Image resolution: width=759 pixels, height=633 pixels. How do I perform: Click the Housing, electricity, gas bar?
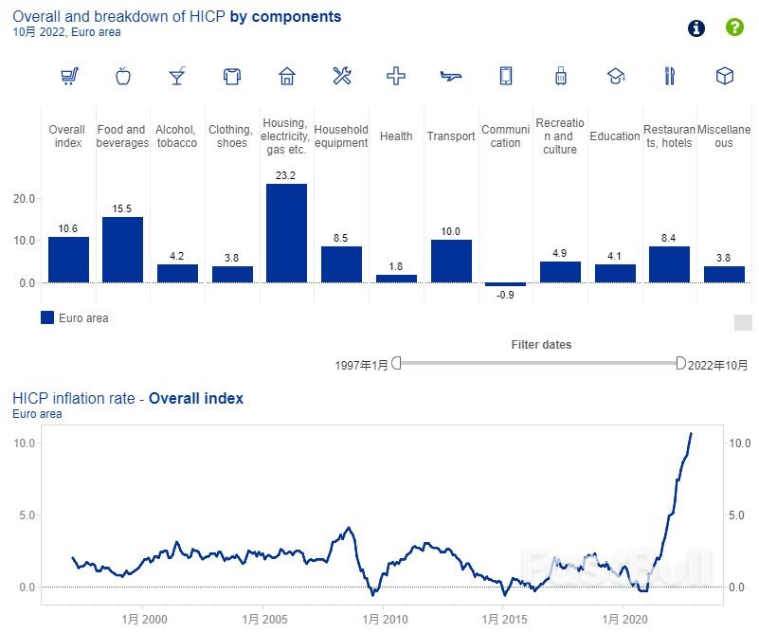click(x=286, y=233)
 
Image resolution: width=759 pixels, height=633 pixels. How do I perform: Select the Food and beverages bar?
click(x=122, y=249)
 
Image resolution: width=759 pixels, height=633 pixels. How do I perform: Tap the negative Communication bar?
click(x=505, y=284)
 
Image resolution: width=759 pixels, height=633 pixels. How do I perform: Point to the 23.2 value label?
click(x=286, y=175)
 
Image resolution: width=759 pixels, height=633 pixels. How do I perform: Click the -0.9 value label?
click(x=505, y=296)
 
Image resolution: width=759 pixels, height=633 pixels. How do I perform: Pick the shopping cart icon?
click(x=68, y=77)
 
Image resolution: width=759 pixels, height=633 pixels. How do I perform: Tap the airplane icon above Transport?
click(x=451, y=77)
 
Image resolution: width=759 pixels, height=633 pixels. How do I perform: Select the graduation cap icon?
click(x=615, y=77)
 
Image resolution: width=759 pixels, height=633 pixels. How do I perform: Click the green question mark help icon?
click(x=734, y=27)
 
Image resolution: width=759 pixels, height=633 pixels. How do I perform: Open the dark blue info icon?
click(x=696, y=27)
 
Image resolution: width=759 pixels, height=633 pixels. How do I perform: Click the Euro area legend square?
click(x=47, y=318)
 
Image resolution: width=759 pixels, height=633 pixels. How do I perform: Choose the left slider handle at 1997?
click(x=397, y=363)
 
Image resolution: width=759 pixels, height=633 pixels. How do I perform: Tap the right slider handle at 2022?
click(x=680, y=363)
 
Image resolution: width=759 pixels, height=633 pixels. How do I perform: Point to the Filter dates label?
click(x=541, y=345)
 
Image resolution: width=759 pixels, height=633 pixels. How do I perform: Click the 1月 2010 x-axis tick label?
click(x=383, y=619)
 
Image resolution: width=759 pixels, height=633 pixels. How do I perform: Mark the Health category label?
click(x=396, y=136)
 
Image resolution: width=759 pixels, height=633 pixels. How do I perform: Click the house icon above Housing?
click(x=287, y=77)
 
